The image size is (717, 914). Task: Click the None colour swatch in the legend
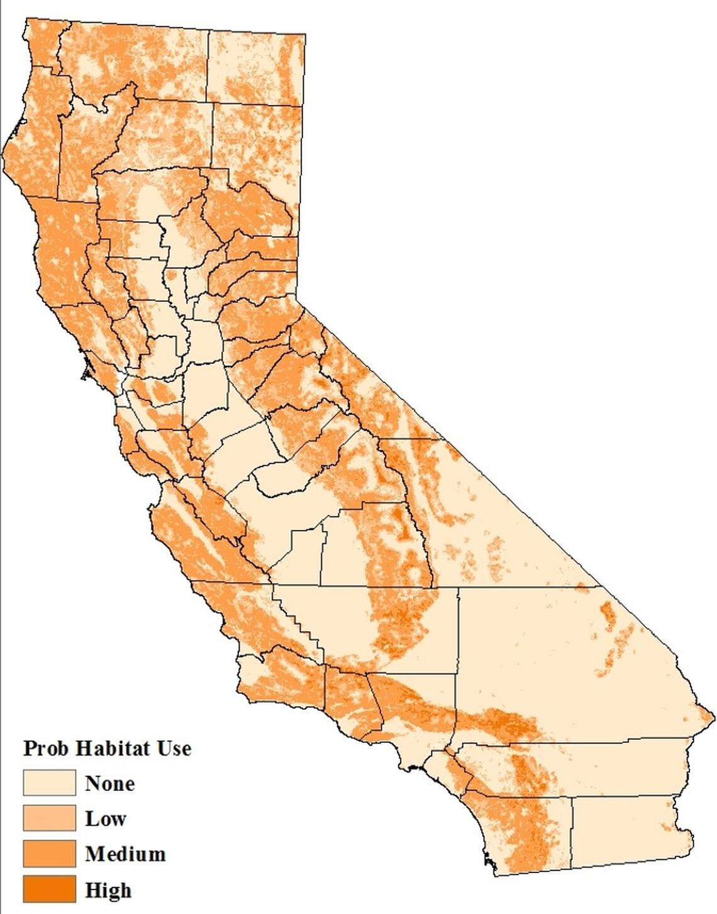click(49, 783)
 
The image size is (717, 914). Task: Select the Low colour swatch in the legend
click(49, 818)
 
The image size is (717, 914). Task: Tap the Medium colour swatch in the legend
click(49, 854)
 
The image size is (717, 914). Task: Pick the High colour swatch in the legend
click(49, 889)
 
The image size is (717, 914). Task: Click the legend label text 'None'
click(109, 783)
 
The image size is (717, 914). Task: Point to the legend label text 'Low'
click(106, 818)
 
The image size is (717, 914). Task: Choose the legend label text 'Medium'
click(125, 854)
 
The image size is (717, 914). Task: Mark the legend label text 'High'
click(108, 889)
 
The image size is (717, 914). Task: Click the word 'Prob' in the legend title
click(46, 749)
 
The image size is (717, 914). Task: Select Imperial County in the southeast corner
click(623, 830)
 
